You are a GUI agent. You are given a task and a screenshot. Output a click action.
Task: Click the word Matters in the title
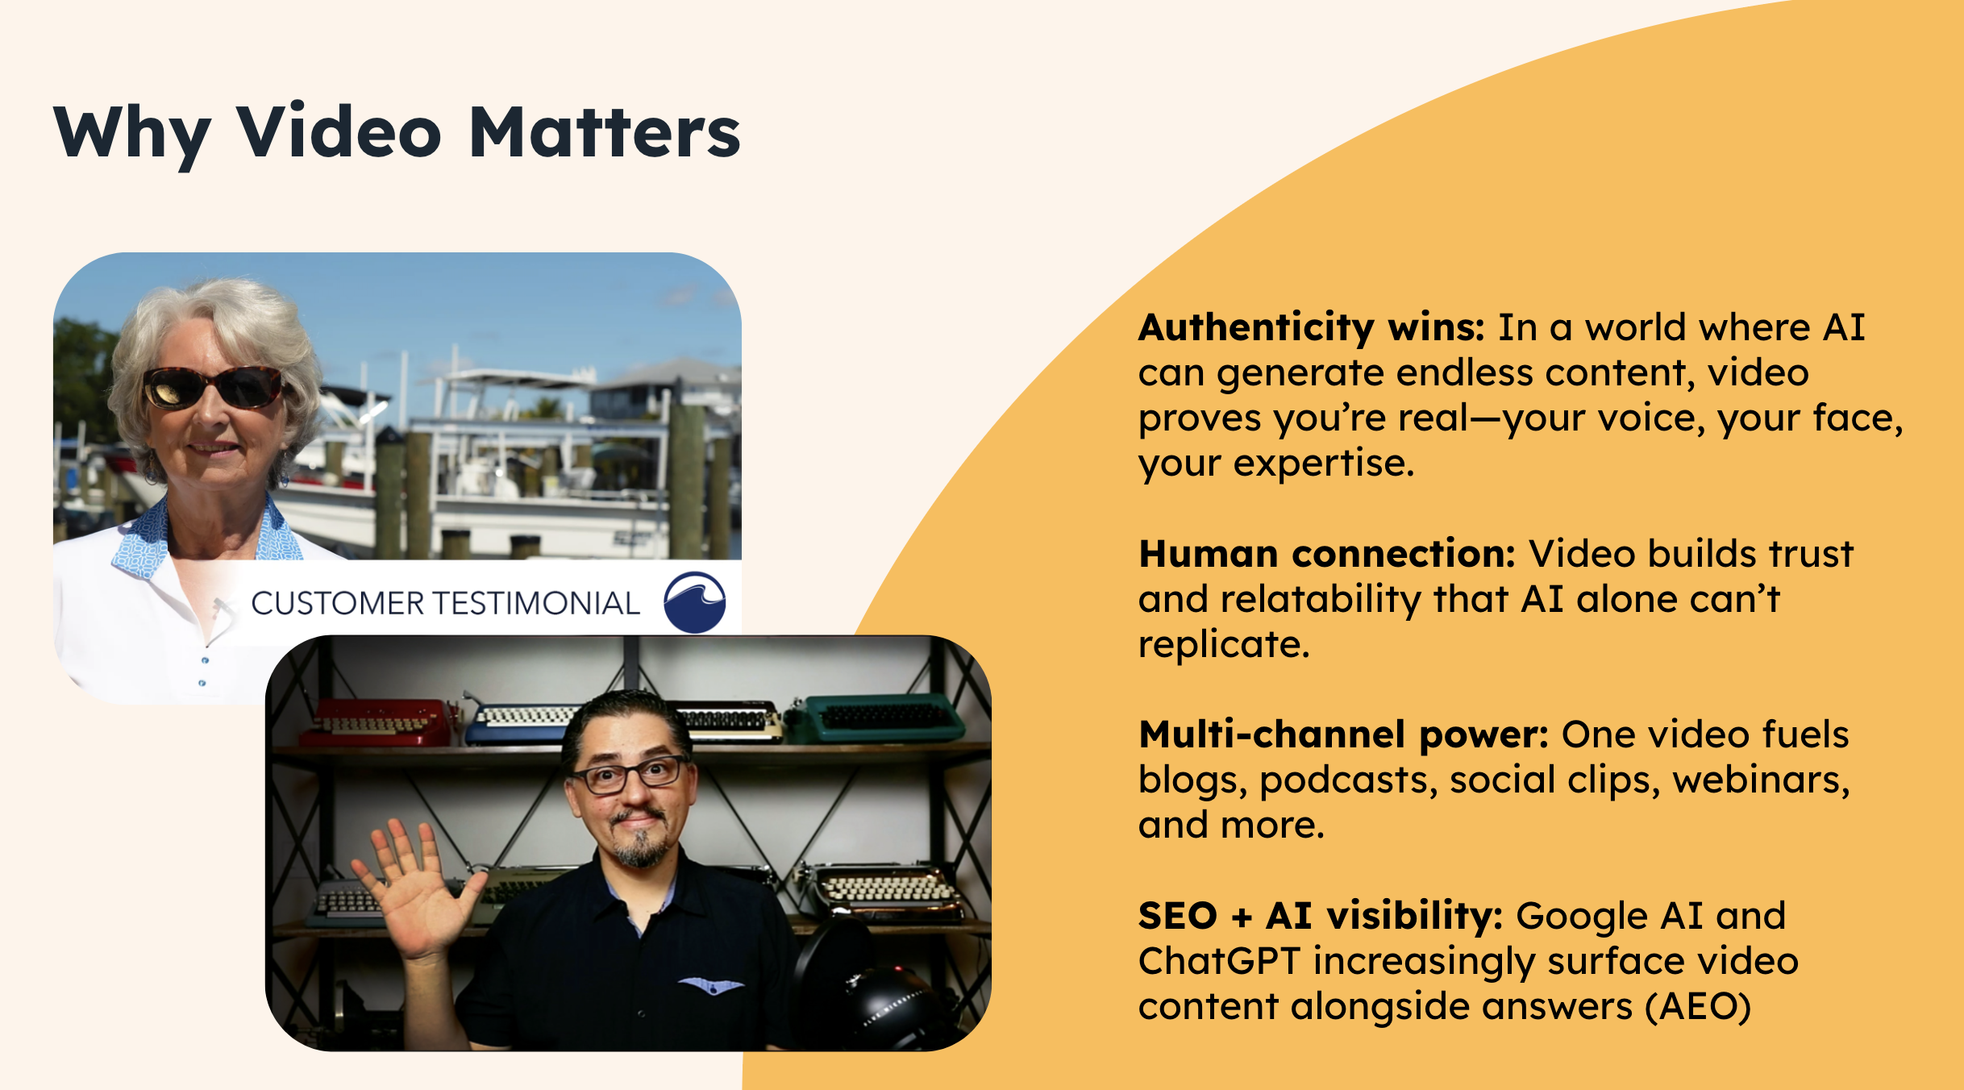coord(605,131)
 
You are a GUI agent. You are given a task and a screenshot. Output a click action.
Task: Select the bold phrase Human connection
coord(1327,554)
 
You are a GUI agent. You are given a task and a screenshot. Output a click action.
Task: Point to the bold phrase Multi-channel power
coord(1343,734)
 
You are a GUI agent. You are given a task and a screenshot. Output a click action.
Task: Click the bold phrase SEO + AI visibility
coord(1321,917)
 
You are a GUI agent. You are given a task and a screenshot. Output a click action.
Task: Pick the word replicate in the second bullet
coord(1224,645)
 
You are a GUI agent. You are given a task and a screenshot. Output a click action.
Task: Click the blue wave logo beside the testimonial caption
coord(694,602)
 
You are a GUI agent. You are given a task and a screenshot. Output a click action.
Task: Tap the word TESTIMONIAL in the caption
coord(537,603)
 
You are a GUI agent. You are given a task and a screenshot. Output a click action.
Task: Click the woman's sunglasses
coord(212,386)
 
